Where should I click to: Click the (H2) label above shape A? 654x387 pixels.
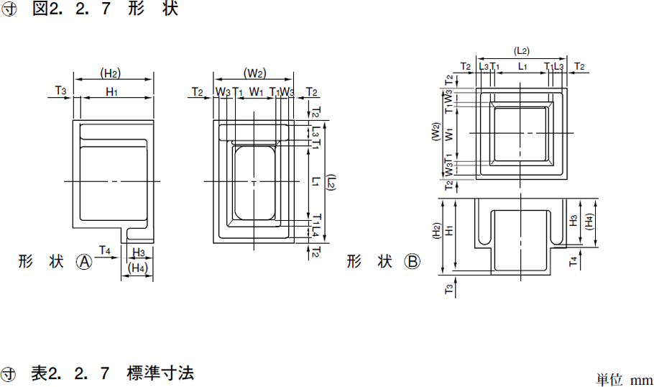111,73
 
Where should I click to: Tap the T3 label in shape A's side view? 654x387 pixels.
61,91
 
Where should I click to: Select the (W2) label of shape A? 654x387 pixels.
255,73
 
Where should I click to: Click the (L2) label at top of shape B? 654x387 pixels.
521,51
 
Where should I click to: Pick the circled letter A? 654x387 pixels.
84,262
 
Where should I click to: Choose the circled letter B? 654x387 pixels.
412,262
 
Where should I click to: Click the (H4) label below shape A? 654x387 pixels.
138,268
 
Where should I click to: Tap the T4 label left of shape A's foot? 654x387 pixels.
105,250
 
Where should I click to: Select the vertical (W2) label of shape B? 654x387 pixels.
436,132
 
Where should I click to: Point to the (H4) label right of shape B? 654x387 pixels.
589,222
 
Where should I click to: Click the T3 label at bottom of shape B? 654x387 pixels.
448,289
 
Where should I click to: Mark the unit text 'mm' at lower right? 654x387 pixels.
641,381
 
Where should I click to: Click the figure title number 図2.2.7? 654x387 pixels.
71,9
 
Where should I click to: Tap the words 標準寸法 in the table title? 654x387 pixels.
160,373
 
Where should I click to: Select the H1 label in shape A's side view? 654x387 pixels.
112,92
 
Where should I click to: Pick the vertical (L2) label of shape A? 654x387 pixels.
331,183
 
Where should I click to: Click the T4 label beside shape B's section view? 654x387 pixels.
574,262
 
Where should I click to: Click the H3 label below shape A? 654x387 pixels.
139,252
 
